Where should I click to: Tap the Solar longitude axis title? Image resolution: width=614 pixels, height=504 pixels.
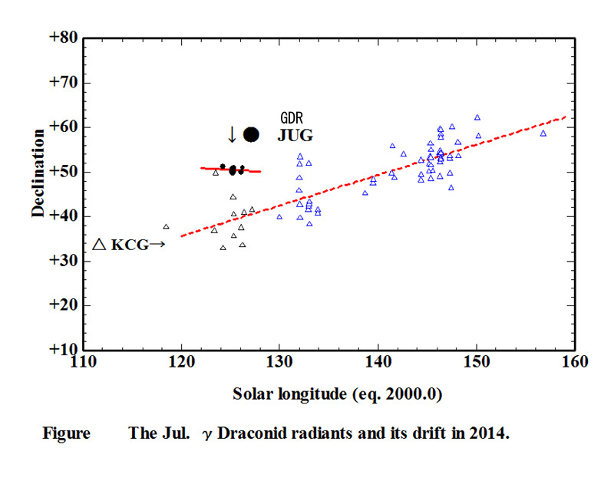[338, 395]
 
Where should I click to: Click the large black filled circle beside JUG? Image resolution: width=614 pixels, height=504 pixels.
[251, 134]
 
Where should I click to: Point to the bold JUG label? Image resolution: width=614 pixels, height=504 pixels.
[295, 136]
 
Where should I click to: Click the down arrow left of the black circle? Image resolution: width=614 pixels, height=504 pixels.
[233, 134]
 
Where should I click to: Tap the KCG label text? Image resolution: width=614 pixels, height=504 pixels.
[130, 245]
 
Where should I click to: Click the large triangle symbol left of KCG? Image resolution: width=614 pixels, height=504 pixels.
[99, 245]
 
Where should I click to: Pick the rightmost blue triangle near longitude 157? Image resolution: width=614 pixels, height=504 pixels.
[543, 133]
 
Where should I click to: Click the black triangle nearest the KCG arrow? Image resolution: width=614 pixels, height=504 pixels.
[166, 227]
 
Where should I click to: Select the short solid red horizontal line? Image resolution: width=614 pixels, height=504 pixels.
[230, 170]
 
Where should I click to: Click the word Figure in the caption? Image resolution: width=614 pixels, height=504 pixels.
[65, 433]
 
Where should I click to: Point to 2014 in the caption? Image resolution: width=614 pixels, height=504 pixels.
[488, 433]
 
